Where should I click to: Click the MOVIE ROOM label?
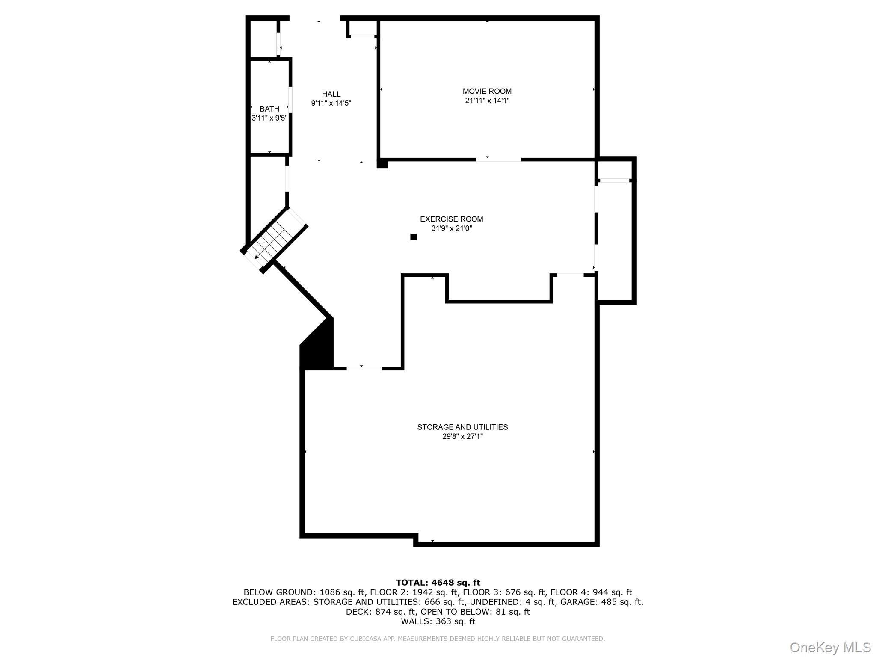487,91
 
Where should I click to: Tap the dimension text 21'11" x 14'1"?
487,101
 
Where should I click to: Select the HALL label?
331,94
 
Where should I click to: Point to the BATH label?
269,109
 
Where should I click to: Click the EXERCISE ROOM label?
451,219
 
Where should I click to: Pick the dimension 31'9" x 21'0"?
451,228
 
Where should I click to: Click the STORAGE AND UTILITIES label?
462,427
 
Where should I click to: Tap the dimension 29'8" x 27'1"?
462,437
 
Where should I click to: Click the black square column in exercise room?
413,237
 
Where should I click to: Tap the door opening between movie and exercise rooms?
498,160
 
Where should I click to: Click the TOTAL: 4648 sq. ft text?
438,583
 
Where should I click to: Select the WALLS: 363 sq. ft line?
438,621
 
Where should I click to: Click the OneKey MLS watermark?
830,647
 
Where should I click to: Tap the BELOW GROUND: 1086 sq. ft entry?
305,592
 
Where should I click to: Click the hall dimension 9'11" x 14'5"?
331,103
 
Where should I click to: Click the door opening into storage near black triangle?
364,368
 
